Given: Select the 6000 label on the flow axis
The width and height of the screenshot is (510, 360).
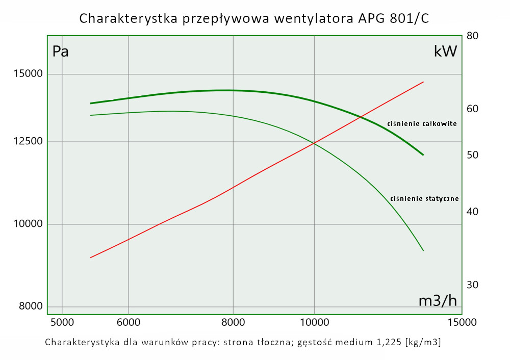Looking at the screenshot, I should coord(129,322).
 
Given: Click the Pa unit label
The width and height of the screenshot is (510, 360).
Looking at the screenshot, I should coord(61,52).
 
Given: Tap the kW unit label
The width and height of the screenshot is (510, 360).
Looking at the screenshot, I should coord(445,52).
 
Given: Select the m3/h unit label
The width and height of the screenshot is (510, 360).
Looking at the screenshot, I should coord(438,301).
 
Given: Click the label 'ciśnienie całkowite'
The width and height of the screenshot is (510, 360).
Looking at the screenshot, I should coord(422,123).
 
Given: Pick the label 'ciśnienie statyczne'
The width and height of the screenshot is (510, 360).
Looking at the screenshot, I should coord(424,198).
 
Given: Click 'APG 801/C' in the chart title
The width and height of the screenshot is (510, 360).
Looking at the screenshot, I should coord(392,19).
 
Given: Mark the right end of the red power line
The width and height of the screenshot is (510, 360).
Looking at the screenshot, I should coord(423,82).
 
